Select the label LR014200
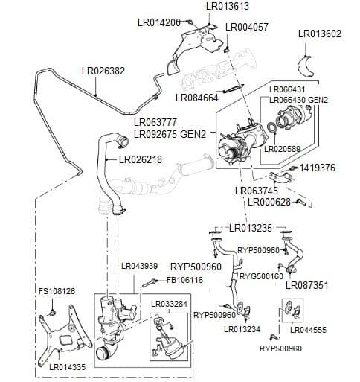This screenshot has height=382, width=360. click(159, 22)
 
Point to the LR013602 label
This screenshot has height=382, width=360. click(319, 34)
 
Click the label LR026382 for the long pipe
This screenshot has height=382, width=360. click(103, 71)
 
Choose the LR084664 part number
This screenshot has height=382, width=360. click(197, 97)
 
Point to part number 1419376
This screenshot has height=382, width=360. click(318, 168)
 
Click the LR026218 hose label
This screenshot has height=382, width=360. click(141, 159)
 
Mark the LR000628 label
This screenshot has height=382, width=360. click(270, 202)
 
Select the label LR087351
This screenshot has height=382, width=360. click(327, 284)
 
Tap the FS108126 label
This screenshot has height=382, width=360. click(57, 290)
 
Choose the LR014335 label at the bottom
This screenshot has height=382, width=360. click(68, 367)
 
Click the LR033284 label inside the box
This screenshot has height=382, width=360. click(169, 304)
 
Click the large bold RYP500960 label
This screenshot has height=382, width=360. click(196, 267)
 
